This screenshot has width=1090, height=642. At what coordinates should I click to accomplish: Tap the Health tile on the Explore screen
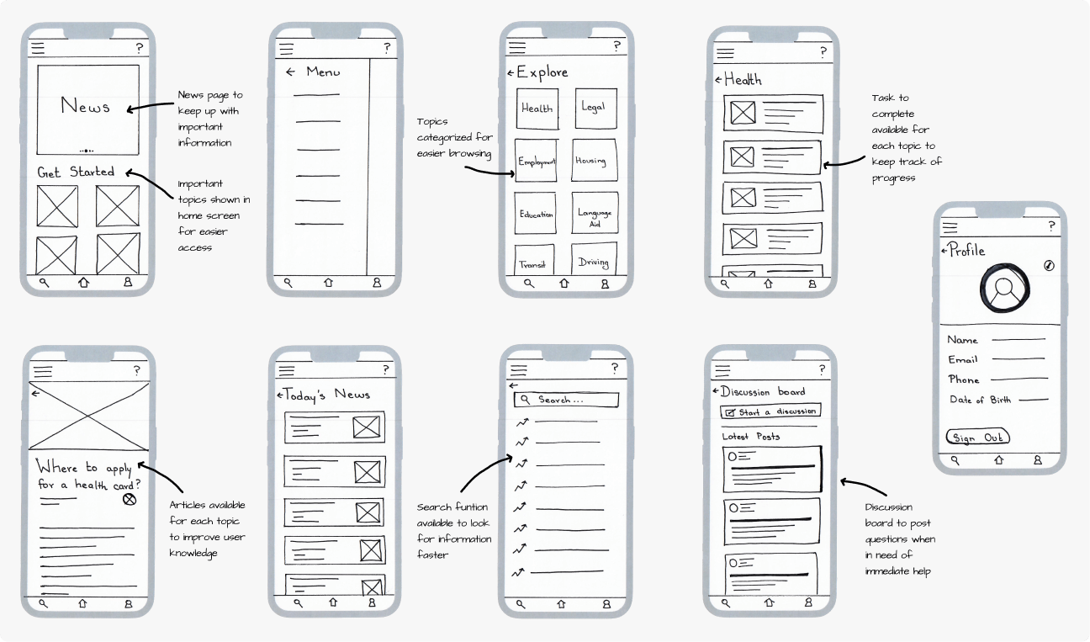[537, 109]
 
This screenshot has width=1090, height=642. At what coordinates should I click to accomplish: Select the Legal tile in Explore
[594, 108]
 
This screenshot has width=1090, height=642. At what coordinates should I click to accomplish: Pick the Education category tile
[537, 215]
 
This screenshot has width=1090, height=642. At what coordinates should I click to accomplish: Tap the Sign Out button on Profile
[977, 438]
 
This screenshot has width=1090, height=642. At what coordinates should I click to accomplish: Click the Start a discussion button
[770, 411]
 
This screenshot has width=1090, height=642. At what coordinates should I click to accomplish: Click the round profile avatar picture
[1003, 289]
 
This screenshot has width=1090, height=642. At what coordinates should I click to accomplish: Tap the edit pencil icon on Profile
[1048, 265]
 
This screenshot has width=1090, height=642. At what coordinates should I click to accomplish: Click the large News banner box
[87, 107]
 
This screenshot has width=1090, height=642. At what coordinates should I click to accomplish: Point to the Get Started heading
[76, 172]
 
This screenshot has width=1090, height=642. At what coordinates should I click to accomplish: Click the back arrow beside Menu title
[290, 72]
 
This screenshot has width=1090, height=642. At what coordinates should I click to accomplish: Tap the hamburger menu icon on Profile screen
[950, 227]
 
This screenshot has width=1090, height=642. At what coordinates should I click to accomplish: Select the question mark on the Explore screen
[616, 46]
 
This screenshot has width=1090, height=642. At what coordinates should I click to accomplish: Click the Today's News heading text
[326, 395]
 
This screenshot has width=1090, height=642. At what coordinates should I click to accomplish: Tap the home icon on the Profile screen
[998, 461]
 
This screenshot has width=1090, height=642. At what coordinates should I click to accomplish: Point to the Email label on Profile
[963, 360]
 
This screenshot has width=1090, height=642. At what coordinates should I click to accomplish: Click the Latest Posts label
[751, 437]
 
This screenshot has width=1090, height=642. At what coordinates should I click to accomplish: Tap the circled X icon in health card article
[129, 500]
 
